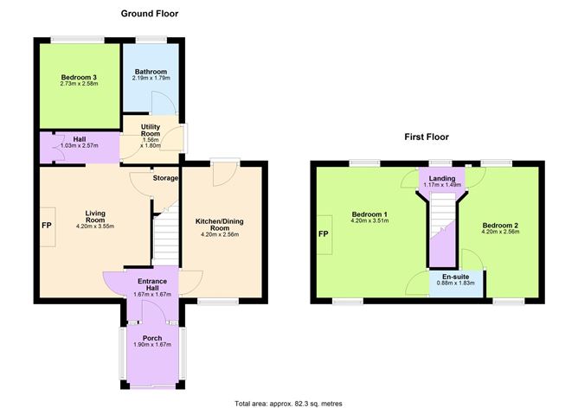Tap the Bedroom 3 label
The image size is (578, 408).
point(77,77)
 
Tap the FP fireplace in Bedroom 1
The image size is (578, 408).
point(324,234)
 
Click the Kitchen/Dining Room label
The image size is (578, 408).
point(222,221)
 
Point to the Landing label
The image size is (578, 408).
point(442,178)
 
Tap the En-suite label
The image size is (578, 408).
point(457,277)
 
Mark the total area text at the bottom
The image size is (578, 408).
point(288,402)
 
